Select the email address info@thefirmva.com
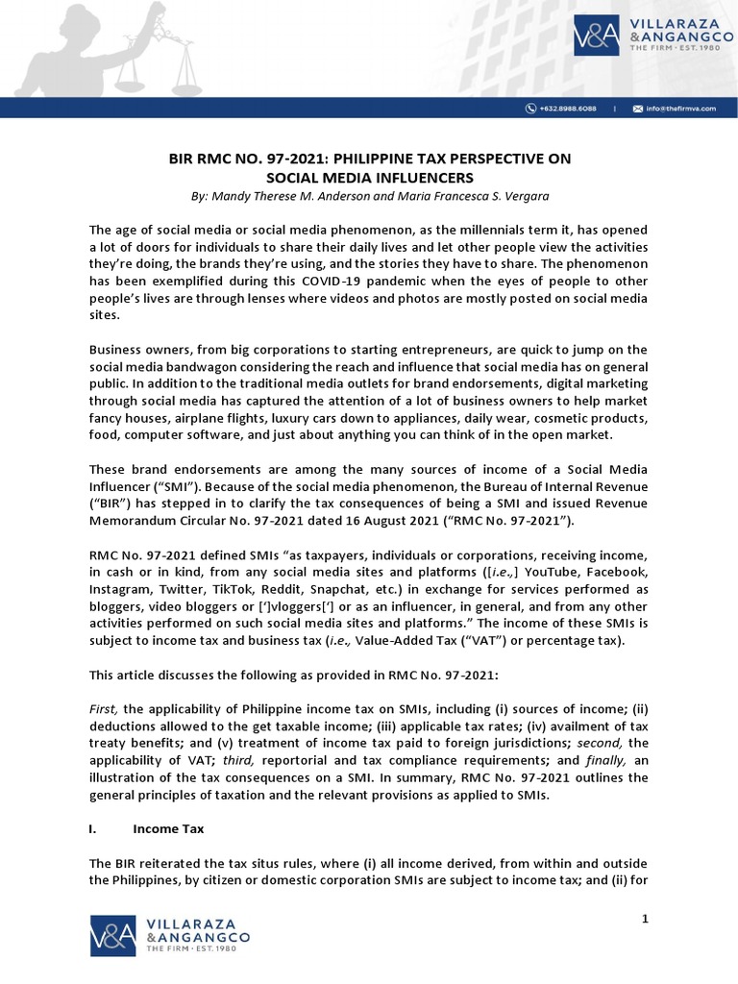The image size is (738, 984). [x=679, y=109]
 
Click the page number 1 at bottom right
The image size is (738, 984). [x=646, y=921]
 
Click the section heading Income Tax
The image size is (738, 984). [x=168, y=828]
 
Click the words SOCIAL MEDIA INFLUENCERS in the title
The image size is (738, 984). [x=369, y=178]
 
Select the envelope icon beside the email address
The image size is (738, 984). [x=637, y=109]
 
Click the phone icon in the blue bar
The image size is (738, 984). [x=529, y=109]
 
